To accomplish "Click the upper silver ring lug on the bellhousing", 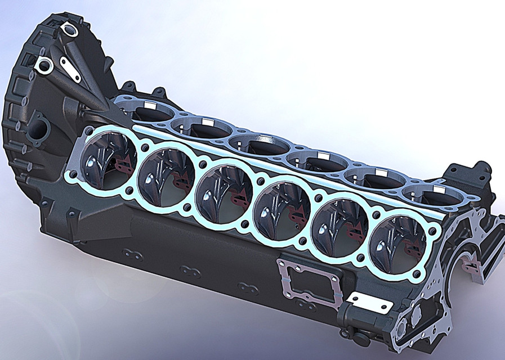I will pos(70,30).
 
